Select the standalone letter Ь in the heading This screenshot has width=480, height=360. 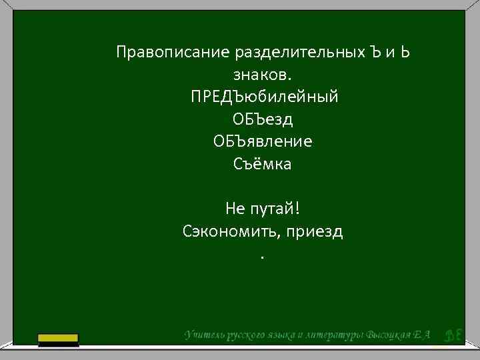(405, 52)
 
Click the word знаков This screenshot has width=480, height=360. (263, 75)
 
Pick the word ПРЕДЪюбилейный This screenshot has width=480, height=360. (263, 97)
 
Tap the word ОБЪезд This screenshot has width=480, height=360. (263, 119)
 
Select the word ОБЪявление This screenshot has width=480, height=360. (263, 142)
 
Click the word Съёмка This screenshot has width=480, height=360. (263, 164)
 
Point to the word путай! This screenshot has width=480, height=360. (275, 209)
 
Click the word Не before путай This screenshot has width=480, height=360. (235, 209)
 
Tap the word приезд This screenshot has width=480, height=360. (316, 232)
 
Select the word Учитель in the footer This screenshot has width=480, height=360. (205, 334)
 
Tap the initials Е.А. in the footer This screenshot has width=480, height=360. (424, 334)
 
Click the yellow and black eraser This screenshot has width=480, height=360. (59, 340)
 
